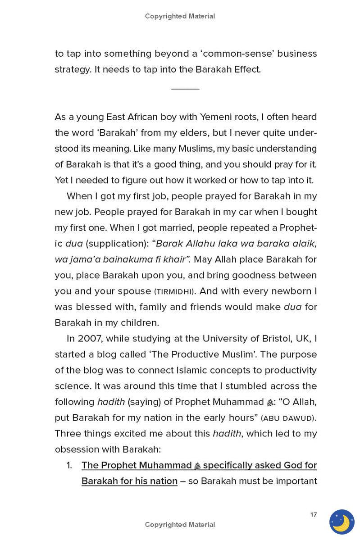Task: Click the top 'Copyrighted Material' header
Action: [180, 16]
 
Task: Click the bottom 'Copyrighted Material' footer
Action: [180, 524]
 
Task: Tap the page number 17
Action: [314, 514]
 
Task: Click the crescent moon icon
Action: [342, 522]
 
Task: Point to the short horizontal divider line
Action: [185, 89]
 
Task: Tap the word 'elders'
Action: [195, 133]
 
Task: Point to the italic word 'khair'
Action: [177, 259]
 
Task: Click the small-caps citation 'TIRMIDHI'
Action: [174, 291]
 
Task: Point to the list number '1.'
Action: [69, 465]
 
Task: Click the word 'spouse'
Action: [133, 291]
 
